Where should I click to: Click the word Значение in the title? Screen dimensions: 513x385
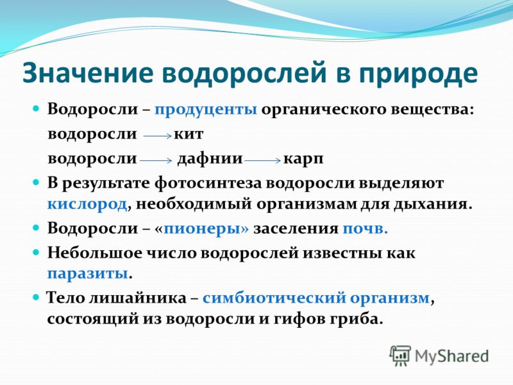(x=88, y=73)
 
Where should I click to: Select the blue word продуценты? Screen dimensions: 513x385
(x=206, y=110)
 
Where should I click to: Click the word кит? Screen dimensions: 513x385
(x=189, y=134)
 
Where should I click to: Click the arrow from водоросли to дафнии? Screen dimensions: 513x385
(x=156, y=160)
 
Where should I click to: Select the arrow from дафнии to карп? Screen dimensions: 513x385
(x=263, y=160)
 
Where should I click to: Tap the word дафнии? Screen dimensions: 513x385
(x=210, y=159)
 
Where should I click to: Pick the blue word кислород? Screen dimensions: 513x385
(x=87, y=204)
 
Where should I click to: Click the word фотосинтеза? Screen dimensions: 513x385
(x=208, y=184)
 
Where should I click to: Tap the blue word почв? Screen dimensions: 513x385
(x=365, y=229)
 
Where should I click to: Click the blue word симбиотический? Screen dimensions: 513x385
(x=274, y=298)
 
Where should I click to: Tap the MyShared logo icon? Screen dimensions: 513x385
(x=400, y=355)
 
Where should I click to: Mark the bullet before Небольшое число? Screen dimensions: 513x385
(x=36, y=252)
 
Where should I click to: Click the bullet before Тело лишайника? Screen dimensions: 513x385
(x=36, y=298)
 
